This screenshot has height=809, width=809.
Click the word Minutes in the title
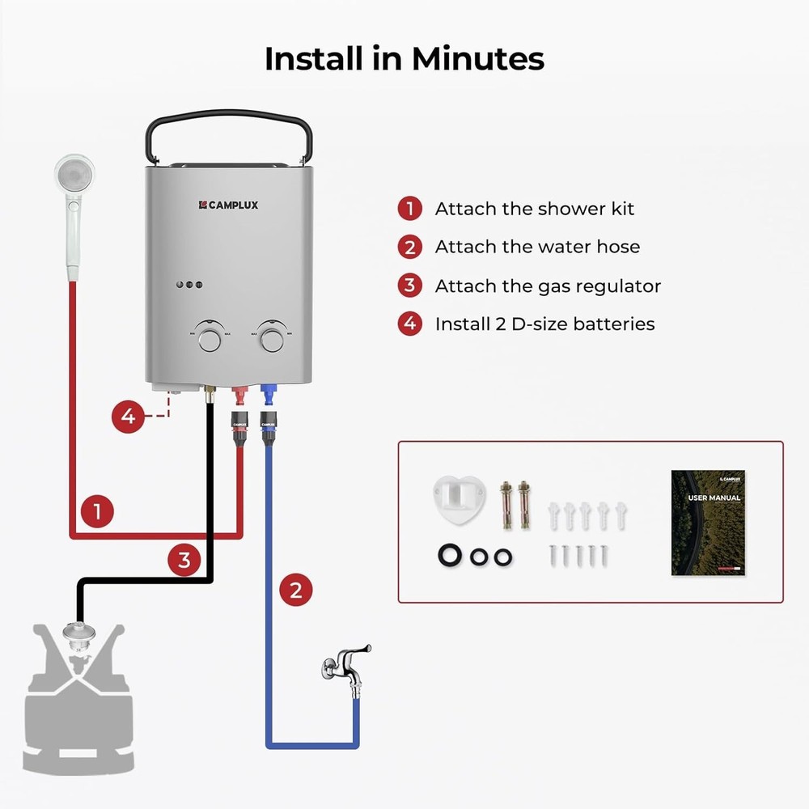click(x=477, y=59)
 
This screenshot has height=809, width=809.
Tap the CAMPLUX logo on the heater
click(x=228, y=205)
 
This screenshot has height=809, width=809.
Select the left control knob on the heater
click(x=210, y=338)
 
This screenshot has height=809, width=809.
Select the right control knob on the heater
click(x=273, y=338)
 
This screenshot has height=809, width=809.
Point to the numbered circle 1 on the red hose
click(x=97, y=511)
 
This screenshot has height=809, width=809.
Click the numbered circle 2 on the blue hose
click(x=296, y=590)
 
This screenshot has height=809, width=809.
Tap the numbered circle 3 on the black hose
click(x=184, y=559)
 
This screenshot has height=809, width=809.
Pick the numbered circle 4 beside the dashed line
click(x=128, y=417)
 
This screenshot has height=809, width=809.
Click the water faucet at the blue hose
click(x=345, y=665)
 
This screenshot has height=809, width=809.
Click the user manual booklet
click(x=708, y=523)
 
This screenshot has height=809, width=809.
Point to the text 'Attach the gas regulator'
click(x=548, y=286)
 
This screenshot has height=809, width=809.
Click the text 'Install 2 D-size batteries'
click(x=544, y=324)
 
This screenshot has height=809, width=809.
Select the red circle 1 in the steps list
click(x=410, y=209)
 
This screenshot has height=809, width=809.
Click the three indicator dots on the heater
click(x=188, y=285)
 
